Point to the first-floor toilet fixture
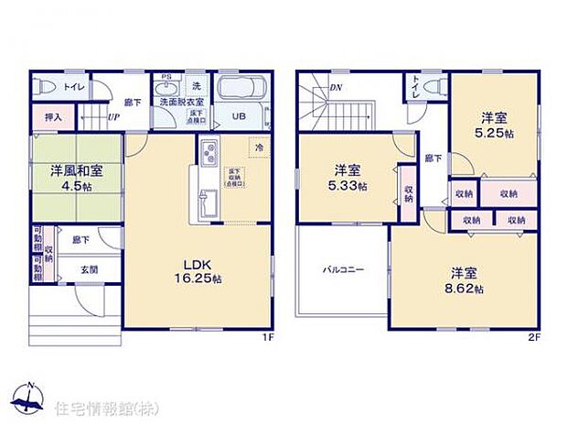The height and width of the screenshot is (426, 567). point(47,87)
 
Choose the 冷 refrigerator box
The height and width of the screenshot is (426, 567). point(260,147)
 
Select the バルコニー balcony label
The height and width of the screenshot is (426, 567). point(343,271)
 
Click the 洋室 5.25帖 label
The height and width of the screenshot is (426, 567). point(494,125)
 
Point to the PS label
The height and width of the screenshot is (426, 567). point(166,76)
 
